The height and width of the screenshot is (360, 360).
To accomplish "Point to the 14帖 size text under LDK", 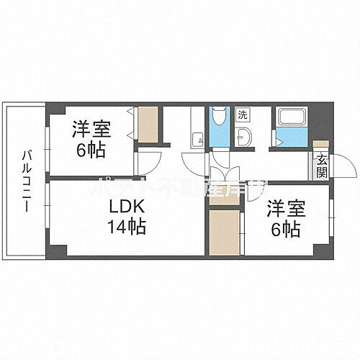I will pyautogui.click(x=127, y=228).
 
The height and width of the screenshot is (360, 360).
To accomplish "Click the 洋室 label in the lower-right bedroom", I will pyautogui.click(x=282, y=210).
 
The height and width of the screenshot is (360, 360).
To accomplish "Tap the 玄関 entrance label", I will pyautogui.click(x=320, y=166).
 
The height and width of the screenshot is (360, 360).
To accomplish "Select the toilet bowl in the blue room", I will pyautogui.click(x=219, y=122).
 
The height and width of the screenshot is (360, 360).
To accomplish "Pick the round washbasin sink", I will pyautogui.click(x=244, y=137).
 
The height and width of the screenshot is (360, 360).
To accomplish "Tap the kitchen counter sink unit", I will pyautogui.click(x=197, y=129).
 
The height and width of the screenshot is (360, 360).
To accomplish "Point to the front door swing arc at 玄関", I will pyautogui.click(x=347, y=163).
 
